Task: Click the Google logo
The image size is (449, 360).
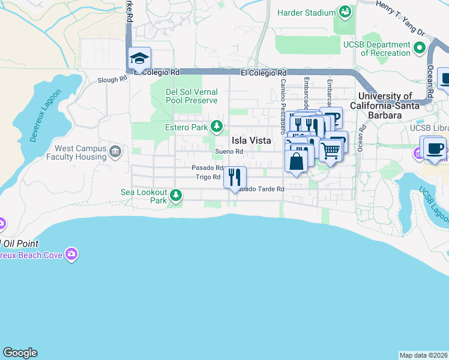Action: [20, 353]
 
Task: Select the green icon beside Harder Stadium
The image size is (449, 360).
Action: [345, 11]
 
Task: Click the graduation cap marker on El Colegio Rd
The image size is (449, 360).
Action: [139, 58]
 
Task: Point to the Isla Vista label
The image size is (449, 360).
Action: [251, 140]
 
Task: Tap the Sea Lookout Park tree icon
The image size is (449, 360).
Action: [176, 195]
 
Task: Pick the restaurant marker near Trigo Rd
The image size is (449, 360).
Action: [234, 176]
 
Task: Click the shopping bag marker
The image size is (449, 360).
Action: [297, 161]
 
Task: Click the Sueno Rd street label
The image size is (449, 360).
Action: [229, 152]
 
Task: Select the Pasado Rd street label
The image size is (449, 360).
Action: [207, 168]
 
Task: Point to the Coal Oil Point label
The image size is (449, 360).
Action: [20, 243]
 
